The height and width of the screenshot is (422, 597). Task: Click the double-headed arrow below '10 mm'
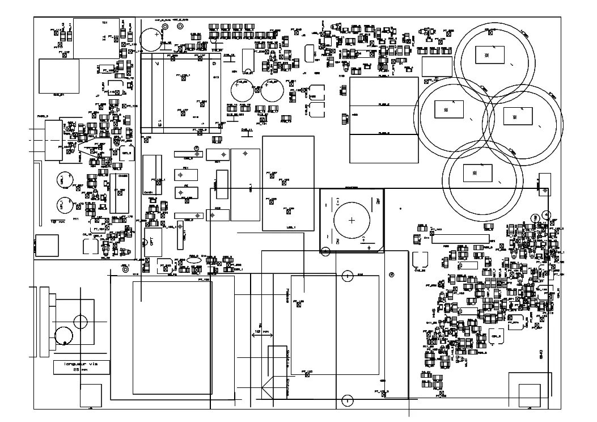coord(261,335)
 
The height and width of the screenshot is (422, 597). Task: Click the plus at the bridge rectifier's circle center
coord(352,221)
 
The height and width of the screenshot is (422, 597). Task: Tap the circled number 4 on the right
coord(545,214)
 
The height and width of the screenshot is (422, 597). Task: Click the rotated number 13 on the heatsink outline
coord(160,122)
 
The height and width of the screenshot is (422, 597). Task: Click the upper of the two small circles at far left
coord(61,180)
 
